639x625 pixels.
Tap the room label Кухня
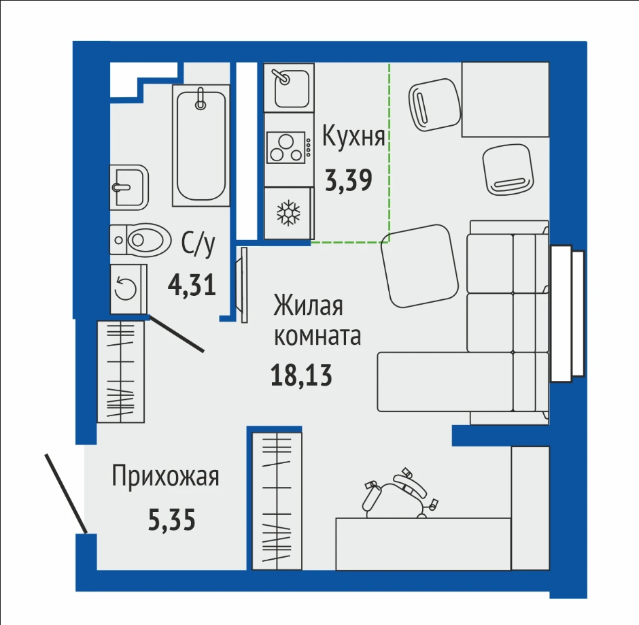pos(353,136)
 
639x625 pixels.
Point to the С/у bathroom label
pos(198,245)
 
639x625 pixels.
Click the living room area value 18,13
pos(302,375)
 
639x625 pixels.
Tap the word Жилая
pos(308,306)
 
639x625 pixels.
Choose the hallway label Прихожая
pos(165,476)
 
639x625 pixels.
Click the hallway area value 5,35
pos(171,520)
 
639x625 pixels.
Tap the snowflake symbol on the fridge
pos(288,212)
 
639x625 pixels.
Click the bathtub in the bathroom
pos(201,146)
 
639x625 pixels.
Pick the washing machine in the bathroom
pos(128,288)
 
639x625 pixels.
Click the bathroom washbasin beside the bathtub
pos(129,187)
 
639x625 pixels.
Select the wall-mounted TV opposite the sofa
pos(244,285)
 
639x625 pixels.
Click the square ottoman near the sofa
pos(419,266)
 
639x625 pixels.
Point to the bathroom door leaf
pos(176,333)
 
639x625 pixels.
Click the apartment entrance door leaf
pos(66,493)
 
